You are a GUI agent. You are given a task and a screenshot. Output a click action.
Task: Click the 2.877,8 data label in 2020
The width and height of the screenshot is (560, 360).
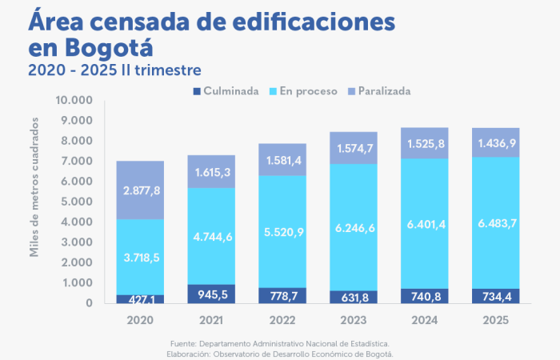tap(140, 190)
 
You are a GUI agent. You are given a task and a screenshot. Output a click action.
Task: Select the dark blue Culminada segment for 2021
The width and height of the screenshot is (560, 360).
tap(211, 294)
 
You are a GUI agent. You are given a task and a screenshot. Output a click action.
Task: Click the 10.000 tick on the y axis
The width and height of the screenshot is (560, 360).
tap(74, 101)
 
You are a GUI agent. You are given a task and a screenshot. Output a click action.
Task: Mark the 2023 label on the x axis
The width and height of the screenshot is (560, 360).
tap(354, 320)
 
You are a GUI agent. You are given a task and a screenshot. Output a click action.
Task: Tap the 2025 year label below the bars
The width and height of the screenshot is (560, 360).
tap(495, 320)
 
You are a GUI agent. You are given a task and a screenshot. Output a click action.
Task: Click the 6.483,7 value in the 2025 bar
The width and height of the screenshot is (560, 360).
tap(495, 222)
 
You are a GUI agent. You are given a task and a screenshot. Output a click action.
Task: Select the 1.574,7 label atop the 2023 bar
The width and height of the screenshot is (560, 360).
tap(354, 148)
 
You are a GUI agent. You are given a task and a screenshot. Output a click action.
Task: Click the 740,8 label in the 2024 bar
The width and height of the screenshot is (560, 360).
tap(425, 296)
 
